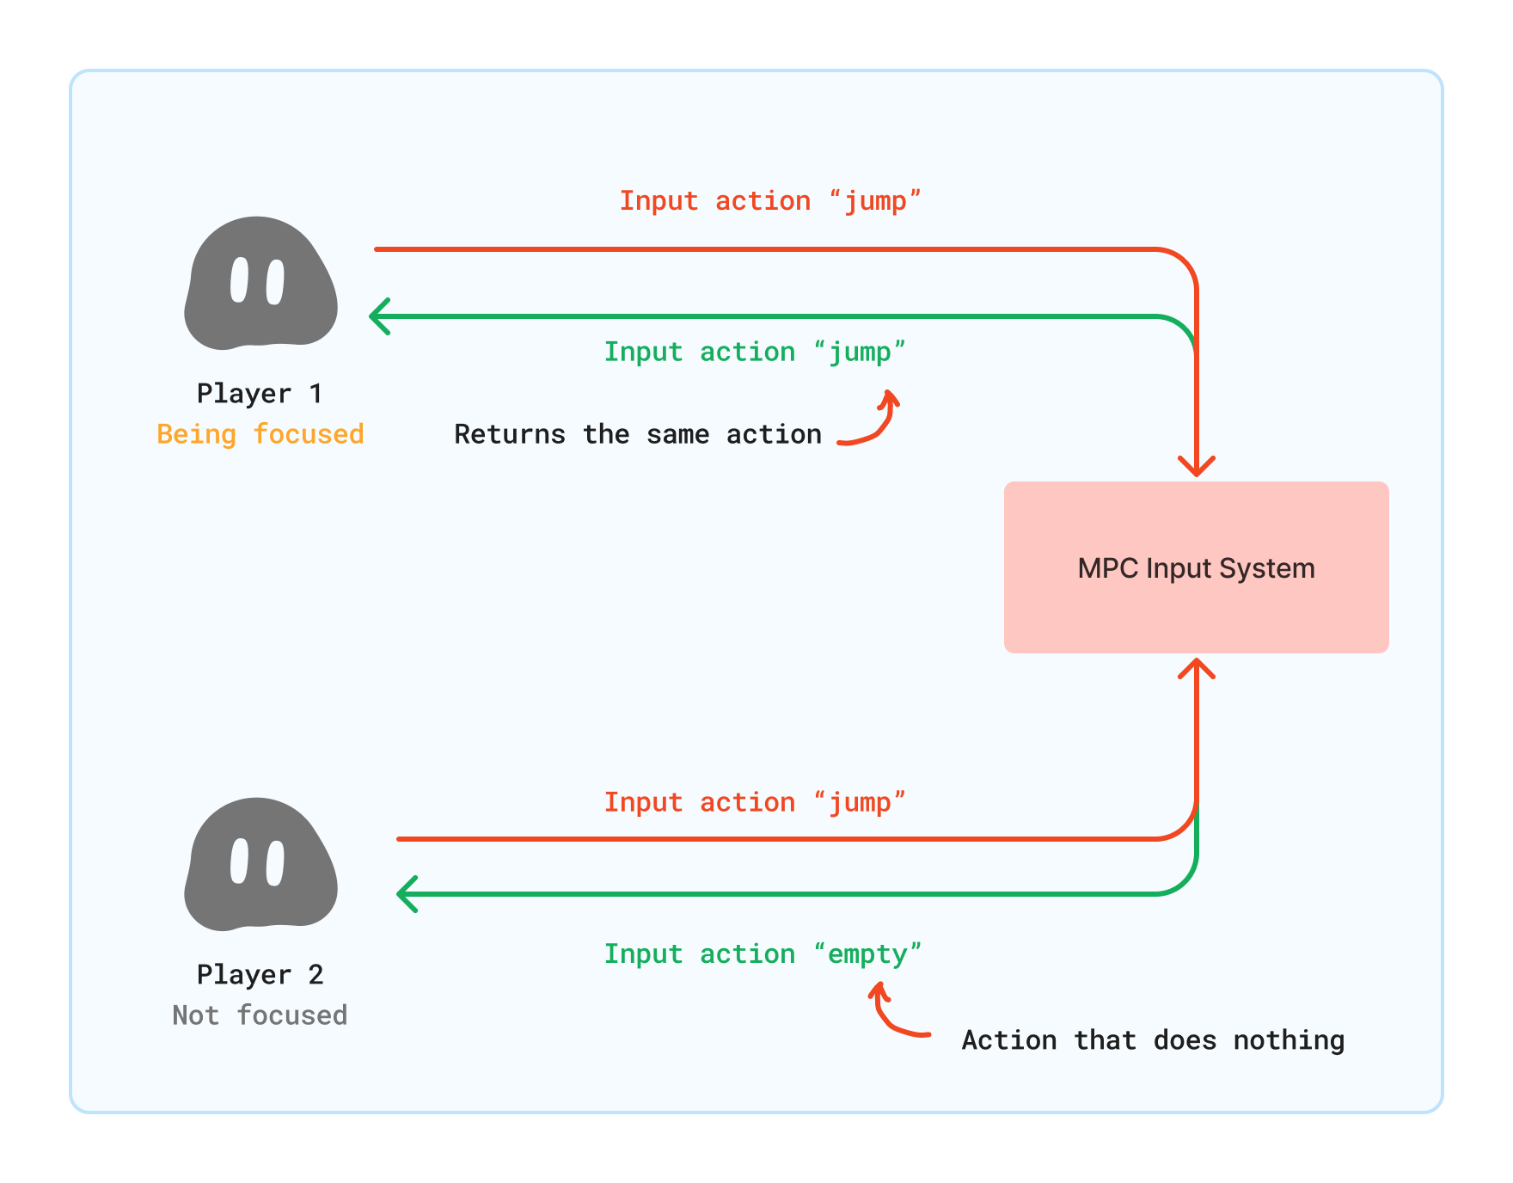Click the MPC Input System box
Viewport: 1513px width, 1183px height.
click(1196, 567)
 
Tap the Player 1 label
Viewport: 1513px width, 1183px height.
click(260, 393)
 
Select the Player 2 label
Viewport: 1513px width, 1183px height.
click(260, 974)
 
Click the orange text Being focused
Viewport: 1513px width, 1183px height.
click(260, 434)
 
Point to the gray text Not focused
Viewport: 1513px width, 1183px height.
click(260, 1015)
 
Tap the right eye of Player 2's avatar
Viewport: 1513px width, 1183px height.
click(275, 863)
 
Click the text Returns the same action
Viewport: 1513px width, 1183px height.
click(637, 434)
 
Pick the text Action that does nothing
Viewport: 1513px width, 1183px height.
click(1152, 1040)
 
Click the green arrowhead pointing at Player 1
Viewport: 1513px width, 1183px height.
click(378, 316)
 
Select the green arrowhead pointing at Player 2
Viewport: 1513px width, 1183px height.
click(406, 894)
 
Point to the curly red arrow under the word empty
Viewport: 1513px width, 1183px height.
click(894, 1014)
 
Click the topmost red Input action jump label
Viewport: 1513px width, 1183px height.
click(769, 200)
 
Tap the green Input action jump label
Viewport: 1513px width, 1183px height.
click(754, 352)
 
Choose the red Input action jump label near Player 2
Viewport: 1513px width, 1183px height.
click(754, 802)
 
